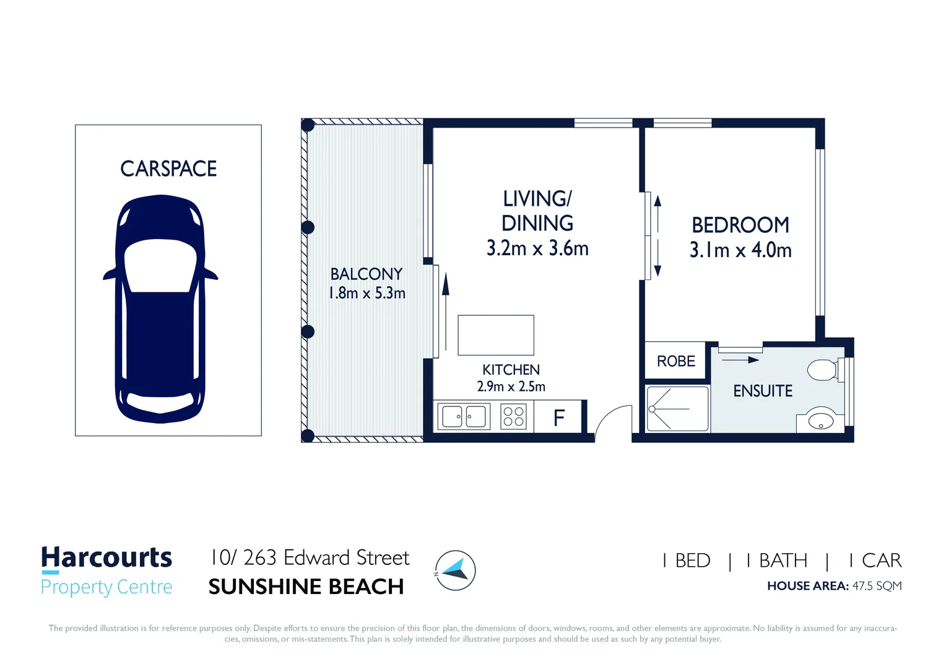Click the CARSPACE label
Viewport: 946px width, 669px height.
168,168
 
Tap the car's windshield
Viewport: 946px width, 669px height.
160,265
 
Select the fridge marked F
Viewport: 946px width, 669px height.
558,417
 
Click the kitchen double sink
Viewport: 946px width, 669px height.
464,417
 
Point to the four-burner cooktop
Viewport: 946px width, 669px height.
513,417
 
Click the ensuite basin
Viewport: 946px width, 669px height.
820,421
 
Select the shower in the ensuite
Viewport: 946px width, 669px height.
677,409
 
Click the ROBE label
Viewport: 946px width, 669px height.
675,361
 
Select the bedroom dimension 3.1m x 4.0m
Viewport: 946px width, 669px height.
740,250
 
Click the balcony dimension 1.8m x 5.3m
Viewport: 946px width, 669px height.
367,293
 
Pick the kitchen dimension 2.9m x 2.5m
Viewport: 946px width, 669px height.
511,387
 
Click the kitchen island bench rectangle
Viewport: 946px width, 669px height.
496,335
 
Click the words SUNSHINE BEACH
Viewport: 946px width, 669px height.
306,587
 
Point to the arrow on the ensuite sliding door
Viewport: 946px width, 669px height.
740,360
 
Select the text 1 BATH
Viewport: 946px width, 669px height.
776,561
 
